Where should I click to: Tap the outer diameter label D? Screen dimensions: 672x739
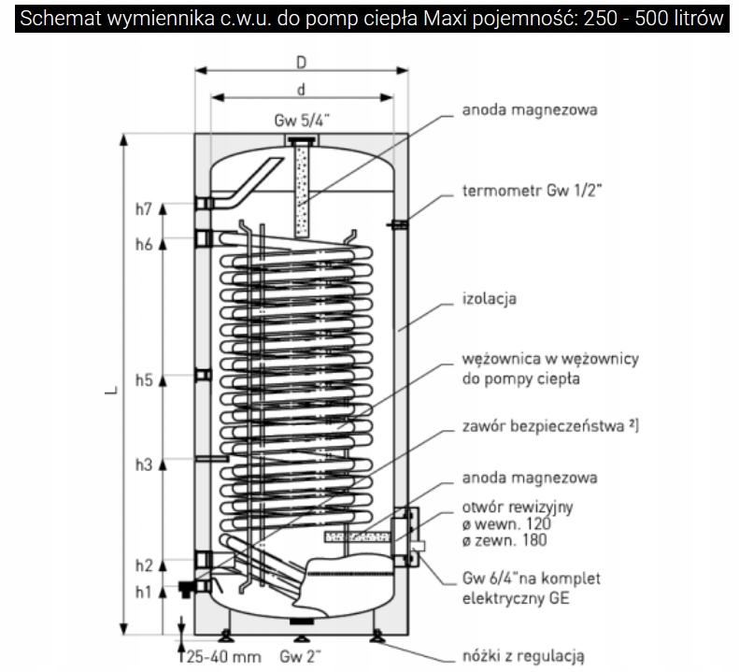(301, 62)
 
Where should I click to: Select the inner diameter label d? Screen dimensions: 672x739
(301, 90)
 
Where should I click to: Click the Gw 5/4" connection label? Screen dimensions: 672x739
(301, 121)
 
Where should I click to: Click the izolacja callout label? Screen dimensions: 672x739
(489, 299)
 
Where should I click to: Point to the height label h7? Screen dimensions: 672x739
(142, 209)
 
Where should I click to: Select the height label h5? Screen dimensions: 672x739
(142, 379)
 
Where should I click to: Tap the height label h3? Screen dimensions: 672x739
(142, 464)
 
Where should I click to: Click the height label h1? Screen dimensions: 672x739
(142, 591)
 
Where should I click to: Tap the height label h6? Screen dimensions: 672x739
(142, 244)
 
